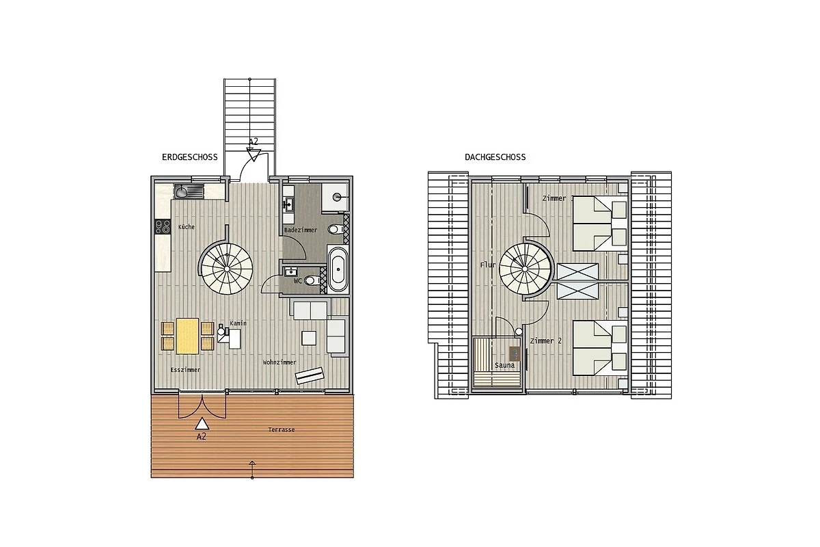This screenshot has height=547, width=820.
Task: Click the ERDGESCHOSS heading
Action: pos(190,157)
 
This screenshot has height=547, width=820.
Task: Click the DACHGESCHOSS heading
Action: pos(495,157)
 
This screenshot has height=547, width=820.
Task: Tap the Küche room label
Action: pos(187,227)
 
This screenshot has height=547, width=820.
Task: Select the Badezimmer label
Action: pos(301,230)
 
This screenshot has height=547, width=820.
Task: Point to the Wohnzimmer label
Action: pos(279,362)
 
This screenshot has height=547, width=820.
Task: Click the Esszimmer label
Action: pos(185,370)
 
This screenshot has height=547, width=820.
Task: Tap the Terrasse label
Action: pos(281,430)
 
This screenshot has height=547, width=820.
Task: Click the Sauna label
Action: pos(504,365)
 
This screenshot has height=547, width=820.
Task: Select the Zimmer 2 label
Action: pos(546,341)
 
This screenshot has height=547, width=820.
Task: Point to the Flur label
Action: pos(488,265)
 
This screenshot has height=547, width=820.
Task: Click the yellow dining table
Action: pos(187,336)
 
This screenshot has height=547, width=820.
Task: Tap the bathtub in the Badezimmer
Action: pos(338,269)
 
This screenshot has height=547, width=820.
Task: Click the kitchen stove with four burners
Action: pos(163,227)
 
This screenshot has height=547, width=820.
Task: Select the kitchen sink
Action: pos(189,191)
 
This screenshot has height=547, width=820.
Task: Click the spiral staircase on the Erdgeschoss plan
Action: pos(227,269)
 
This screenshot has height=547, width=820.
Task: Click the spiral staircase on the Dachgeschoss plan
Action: pos(525,269)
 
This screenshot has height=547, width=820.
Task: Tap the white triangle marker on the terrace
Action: pos(202,423)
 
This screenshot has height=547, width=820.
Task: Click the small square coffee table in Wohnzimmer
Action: pos(309,338)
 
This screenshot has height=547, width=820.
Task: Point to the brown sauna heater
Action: pos(515,354)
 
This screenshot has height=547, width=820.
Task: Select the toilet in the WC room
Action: pos(312,280)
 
